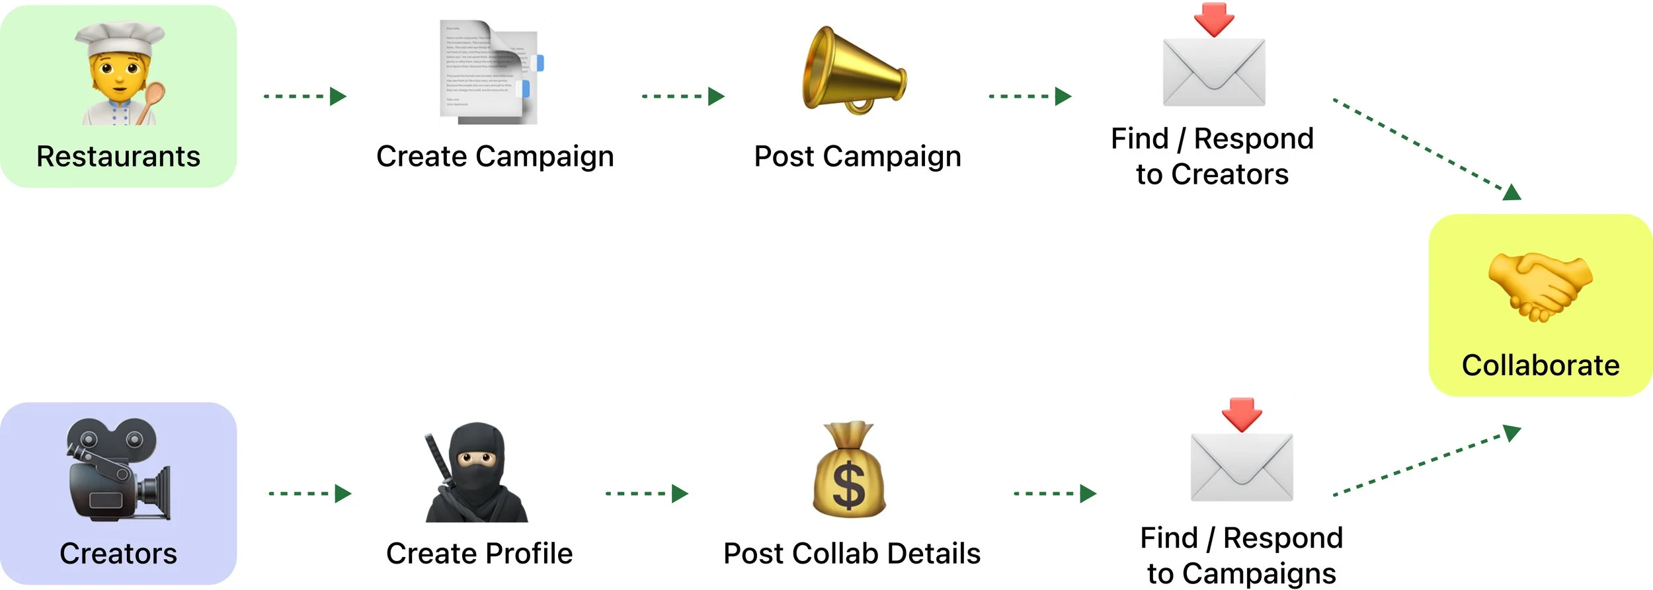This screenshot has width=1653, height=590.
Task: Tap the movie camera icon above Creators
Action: pos(116,469)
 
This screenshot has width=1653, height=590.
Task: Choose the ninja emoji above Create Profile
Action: pos(476,473)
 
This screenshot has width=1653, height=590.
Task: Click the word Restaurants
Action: pos(118,157)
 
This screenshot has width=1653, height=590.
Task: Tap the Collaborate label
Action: pos(1540,365)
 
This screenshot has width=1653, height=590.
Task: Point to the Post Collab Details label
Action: pos(852,554)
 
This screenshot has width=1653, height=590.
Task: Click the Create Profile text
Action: pos(479,554)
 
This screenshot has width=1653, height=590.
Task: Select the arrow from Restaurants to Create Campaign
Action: pos(305,96)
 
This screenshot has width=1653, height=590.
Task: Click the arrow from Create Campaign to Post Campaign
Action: pos(683,96)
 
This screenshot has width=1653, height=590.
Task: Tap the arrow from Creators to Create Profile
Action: pos(309,494)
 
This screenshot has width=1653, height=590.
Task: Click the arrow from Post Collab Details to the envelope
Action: pos(1055,494)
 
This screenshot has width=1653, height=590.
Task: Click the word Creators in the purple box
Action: pos(118,554)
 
